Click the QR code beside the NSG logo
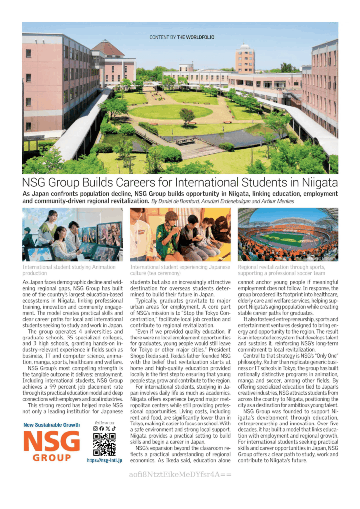click(104, 444)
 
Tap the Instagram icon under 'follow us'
click(96, 428)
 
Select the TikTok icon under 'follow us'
click(113, 428)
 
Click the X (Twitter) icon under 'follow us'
click(108, 428)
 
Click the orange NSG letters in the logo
click(51, 441)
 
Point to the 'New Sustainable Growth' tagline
click(51, 425)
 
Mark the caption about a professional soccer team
click(285, 270)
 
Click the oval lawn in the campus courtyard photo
click(171, 111)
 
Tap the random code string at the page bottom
click(180, 474)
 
